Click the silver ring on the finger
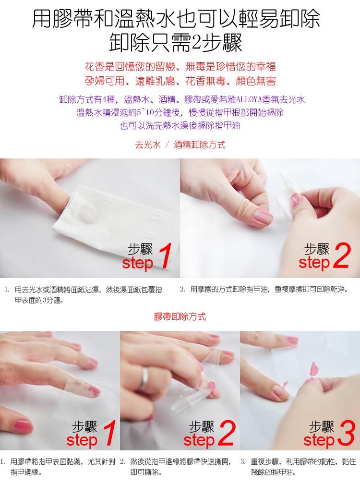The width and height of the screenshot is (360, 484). click(144, 379)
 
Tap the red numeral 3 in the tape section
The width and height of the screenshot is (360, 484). click(346, 434)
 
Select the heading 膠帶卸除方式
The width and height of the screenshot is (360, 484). click(180, 317)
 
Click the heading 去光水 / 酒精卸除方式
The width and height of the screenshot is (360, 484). click(180, 145)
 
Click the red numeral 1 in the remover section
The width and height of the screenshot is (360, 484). click(166, 255)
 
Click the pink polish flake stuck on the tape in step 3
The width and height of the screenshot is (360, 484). click(313, 369)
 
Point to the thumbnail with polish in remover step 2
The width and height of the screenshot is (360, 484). click(263, 216)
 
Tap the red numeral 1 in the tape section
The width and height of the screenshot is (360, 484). click(109, 433)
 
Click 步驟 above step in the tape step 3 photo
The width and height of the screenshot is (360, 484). click(322, 427)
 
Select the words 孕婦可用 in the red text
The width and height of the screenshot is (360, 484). click(105, 81)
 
